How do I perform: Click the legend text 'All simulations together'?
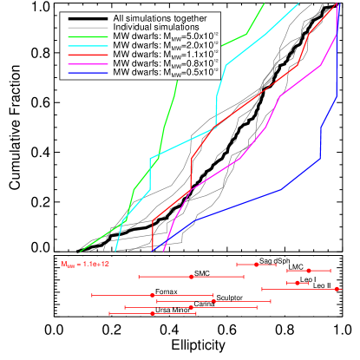160,18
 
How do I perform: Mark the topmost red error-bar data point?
257,264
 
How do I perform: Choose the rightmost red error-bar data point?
337,289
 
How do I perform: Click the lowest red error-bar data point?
153,313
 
